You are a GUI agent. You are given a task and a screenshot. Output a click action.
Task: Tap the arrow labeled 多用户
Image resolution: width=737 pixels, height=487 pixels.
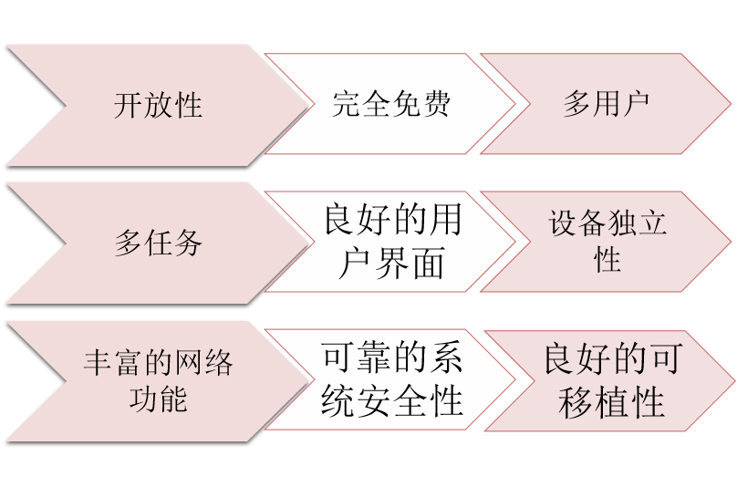[x=606, y=104]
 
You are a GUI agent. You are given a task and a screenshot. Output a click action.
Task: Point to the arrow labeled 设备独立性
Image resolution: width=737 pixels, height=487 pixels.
[x=607, y=242]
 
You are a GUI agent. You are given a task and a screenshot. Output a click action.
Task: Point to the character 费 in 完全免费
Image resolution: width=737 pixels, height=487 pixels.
[x=436, y=104]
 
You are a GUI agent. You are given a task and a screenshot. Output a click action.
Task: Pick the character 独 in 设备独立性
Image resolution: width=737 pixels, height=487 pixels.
[x=622, y=224]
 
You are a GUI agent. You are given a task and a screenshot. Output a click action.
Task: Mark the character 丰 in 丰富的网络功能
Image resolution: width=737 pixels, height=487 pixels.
[x=98, y=363]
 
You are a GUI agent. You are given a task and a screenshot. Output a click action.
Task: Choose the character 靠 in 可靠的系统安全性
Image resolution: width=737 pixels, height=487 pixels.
[x=374, y=358]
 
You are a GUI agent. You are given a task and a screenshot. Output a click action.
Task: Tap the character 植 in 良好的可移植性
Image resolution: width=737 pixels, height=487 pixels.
[x=612, y=402]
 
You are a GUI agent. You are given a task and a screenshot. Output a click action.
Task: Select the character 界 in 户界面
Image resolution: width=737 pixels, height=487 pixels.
[x=391, y=264]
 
